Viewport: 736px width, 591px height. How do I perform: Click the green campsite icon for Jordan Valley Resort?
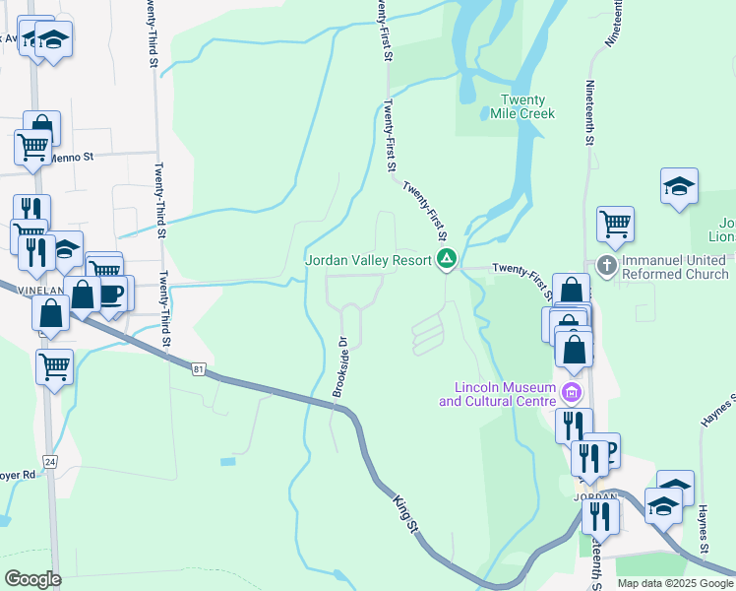pyautogui.click(x=447, y=260)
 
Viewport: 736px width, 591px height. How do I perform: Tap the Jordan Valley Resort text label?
pyautogui.click(x=368, y=260)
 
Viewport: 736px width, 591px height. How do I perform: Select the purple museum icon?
pyautogui.click(x=571, y=394)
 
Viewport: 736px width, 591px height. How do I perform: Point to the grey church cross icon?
pyautogui.click(x=606, y=265)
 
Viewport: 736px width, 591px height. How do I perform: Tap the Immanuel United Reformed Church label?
pyautogui.click(x=674, y=266)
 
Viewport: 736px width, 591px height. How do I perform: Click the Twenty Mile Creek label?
pyautogui.click(x=522, y=106)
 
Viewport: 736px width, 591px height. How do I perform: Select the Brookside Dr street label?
pyautogui.click(x=340, y=367)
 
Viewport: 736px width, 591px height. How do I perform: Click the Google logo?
pyautogui.click(x=32, y=578)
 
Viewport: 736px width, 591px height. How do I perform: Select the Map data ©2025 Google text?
pyautogui.click(x=675, y=583)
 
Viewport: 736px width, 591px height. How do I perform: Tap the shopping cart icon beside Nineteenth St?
pyautogui.click(x=615, y=224)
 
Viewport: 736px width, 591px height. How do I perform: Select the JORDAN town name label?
pyautogui.click(x=595, y=497)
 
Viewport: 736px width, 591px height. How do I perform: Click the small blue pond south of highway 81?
pyautogui.click(x=228, y=461)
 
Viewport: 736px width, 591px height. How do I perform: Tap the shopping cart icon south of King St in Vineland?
pyautogui.click(x=55, y=366)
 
